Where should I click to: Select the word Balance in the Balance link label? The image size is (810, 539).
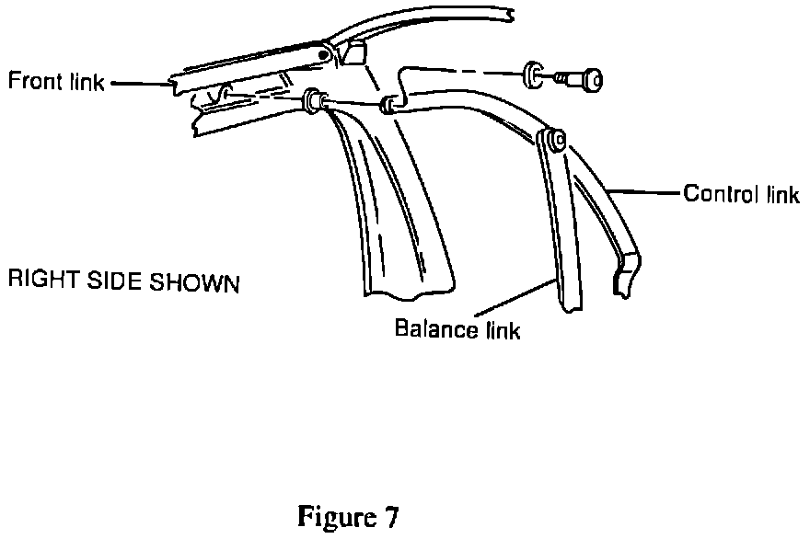430,328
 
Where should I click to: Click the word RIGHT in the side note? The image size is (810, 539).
38,281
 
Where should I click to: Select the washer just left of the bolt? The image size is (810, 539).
533,75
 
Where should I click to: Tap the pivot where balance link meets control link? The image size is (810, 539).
552,140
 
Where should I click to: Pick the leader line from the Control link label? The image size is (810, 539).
644,193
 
